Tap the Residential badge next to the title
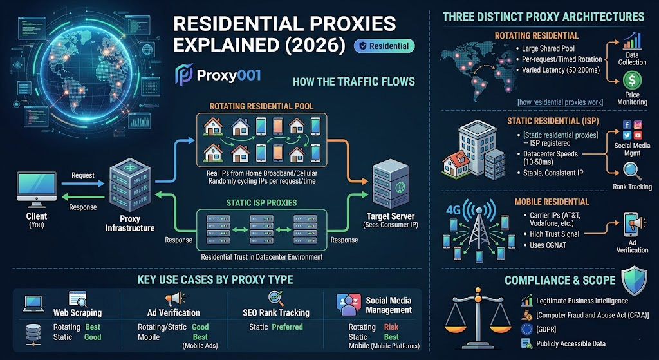pyautogui.click(x=384, y=46)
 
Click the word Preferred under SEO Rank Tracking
pyautogui.click(x=286, y=327)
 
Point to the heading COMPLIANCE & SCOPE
pyautogui.click(x=560, y=280)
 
